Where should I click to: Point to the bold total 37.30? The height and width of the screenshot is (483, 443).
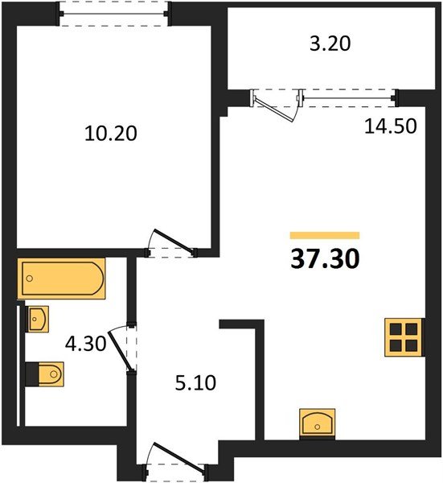324,259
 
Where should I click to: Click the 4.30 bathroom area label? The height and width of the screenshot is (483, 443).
86,344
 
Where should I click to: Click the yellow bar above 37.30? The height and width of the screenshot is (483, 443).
324,235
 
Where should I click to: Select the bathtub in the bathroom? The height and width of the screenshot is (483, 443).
62,279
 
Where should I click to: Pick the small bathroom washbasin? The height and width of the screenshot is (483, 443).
39,319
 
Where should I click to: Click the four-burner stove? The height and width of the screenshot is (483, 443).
403,337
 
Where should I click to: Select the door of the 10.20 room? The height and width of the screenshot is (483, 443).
170,242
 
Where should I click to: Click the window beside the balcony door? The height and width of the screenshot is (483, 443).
351,98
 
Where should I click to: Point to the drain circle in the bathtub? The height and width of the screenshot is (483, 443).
30,279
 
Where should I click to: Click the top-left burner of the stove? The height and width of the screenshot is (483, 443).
395,329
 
